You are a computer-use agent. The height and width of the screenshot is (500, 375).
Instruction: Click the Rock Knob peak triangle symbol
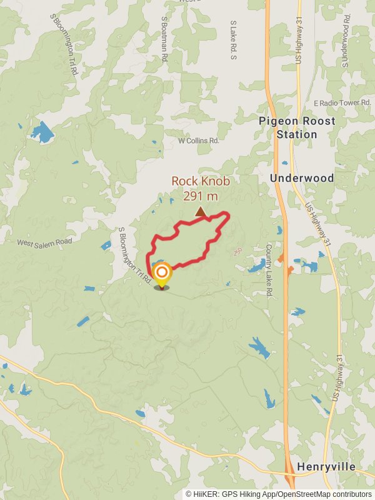tap(200, 212)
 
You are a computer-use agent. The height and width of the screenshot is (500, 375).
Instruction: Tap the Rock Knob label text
tap(201, 181)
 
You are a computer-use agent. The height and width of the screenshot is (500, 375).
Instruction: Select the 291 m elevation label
tap(201, 196)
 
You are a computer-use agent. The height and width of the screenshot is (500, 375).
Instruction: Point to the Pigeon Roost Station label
tap(297, 127)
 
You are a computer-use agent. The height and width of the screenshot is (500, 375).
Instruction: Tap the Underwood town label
tap(302, 178)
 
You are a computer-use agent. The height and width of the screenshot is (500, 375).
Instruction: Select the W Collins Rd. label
tap(199, 141)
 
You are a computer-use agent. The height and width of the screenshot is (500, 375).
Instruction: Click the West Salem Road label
tap(44, 242)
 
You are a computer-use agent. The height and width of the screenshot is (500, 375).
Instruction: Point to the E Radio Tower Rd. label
tap(343, 102)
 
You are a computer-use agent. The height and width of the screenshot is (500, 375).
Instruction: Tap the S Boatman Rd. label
tap(164, 39)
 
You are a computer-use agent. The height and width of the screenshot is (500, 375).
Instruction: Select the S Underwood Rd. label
tap(344, 37)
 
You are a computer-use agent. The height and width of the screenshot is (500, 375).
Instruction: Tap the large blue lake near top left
tap(42, 132)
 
